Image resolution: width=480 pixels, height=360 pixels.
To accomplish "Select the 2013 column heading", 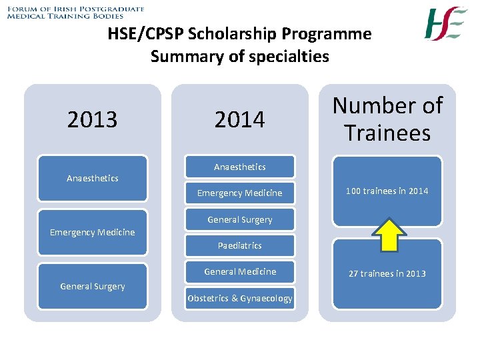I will click(92, 120).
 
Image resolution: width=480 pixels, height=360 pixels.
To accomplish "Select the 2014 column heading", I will click(239, 120).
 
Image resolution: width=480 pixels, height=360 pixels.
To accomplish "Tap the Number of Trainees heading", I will click(387, 119).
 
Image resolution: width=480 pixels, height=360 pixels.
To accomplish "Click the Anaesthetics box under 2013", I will click(92, 178).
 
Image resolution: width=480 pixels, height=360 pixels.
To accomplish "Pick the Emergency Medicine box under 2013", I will click(92, 232).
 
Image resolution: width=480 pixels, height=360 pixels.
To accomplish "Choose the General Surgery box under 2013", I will click(92, 286).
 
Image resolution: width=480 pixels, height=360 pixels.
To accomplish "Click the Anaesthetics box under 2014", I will click(239, 167).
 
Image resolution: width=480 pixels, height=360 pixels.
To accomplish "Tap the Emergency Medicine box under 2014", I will click(239, 193).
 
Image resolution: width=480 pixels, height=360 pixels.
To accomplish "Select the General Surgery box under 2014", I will click(239, 219).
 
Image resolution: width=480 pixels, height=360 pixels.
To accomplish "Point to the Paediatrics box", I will click(239, 245).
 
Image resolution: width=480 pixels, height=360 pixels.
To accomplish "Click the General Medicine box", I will click(239, 271).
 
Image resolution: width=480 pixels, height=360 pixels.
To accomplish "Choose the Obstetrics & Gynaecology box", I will click(239, 298).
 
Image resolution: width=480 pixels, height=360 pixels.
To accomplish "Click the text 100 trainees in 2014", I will click(387, 191).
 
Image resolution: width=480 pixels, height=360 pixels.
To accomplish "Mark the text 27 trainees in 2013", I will click(387, 273).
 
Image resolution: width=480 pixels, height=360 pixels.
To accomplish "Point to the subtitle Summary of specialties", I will click(239, 56).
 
